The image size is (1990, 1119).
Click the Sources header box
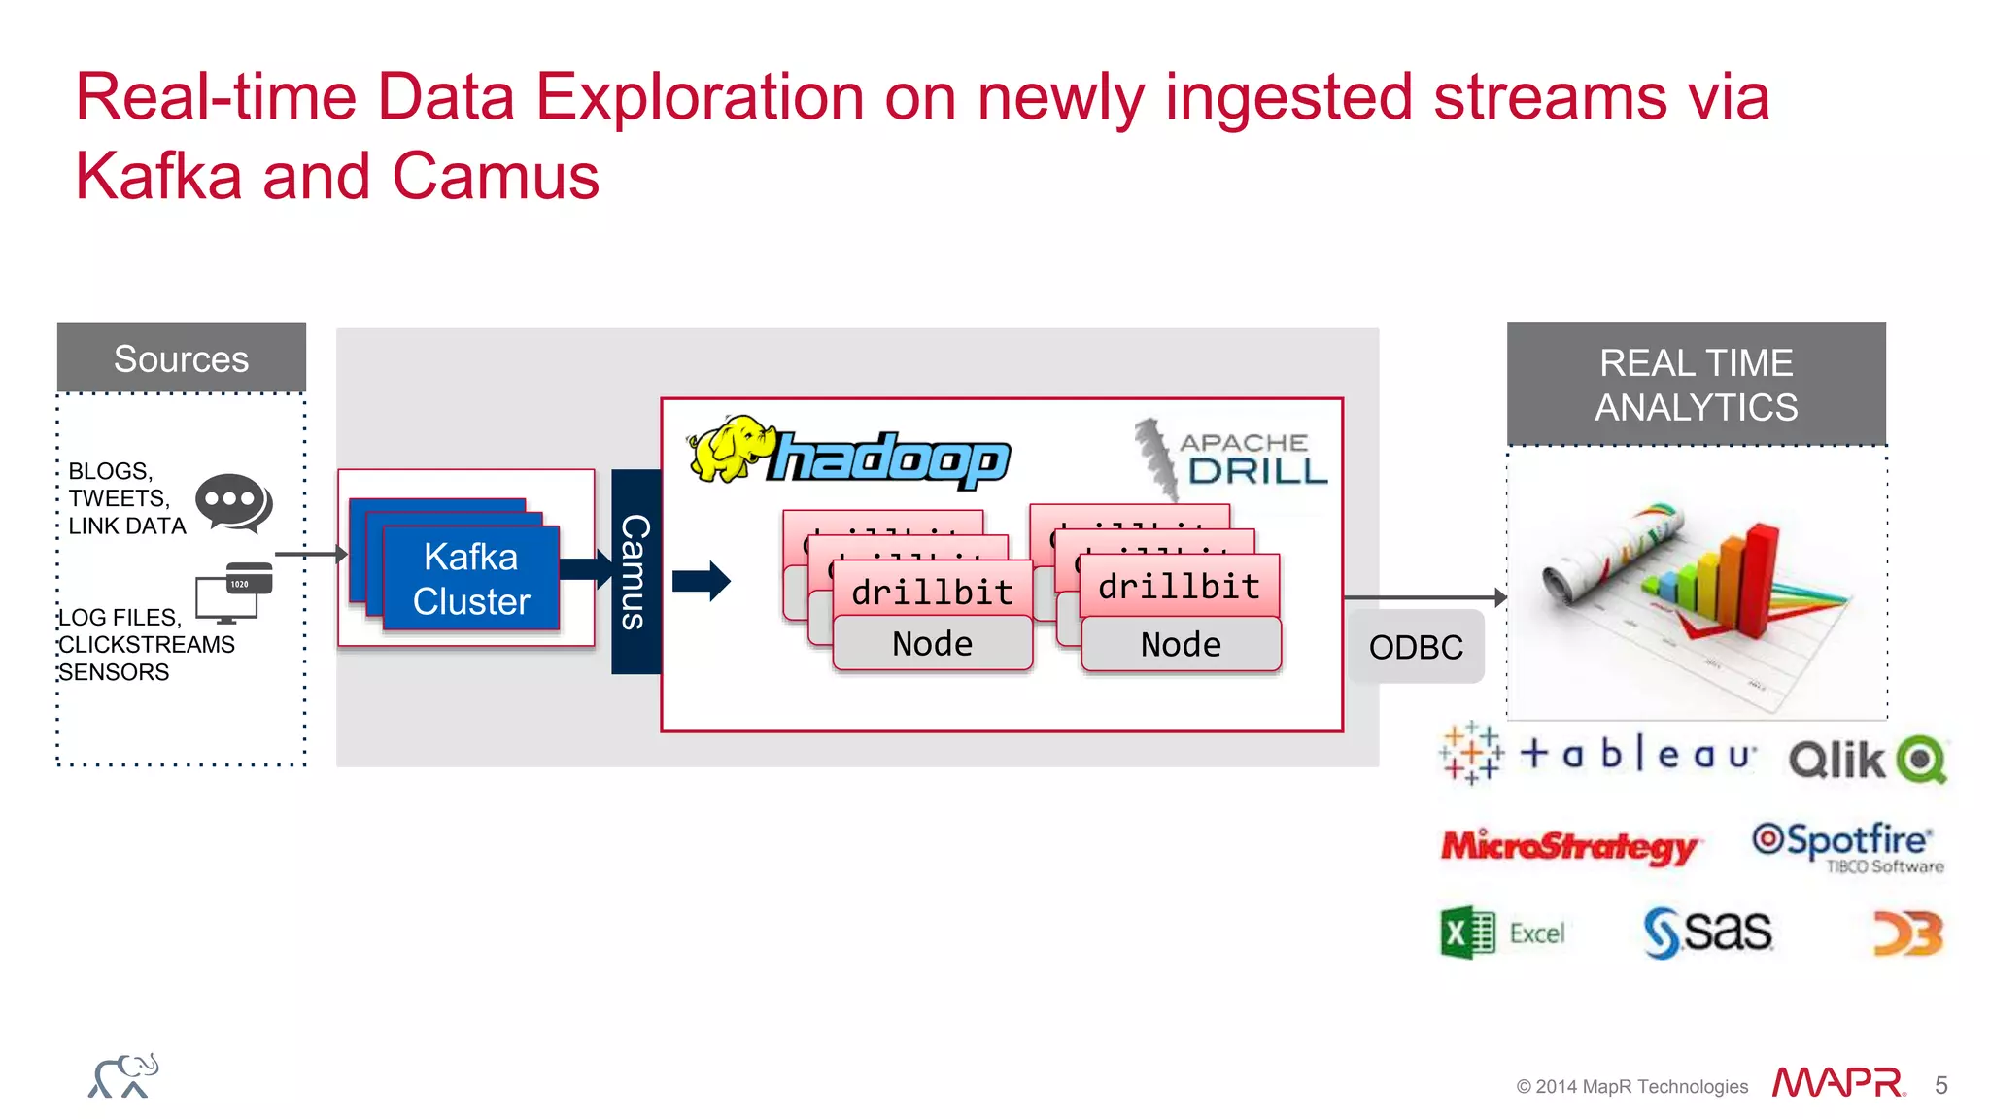click(x=182, y=358)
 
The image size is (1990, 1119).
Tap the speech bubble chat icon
click(x=232, y=502)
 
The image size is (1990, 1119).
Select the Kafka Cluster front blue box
click(x=471, y=579)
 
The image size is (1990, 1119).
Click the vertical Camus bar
click(x=635, y=572)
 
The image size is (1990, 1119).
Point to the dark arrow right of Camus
click(x=702, y=581)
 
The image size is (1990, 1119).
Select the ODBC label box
click(x=1416, y=647)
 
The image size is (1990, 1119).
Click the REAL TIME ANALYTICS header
click(x=1696, y=385)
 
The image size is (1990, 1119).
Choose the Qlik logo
click(x=1867, y=759)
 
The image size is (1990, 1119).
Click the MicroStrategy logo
click(x=1569, y=846)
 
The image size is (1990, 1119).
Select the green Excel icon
click(x=1467, y=933)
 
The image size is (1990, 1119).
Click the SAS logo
click(x=1707, y=932)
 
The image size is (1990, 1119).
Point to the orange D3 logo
click(x=1907, y=933)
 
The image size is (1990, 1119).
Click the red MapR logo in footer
click(x=1837, y=1083)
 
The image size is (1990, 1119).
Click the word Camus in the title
click(x=496, y=177)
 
